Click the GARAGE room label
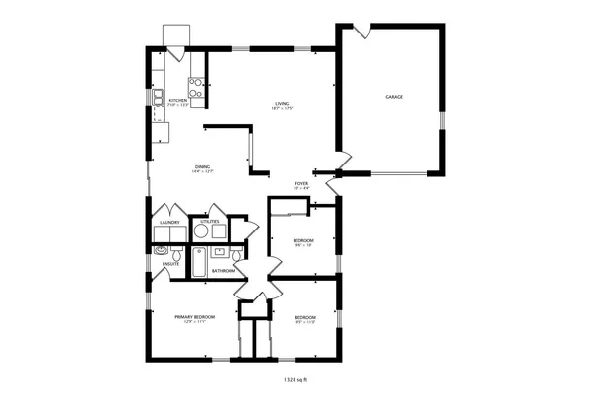point(394,97)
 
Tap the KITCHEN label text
point(178,101)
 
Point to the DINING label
point(202,169)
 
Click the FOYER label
point(301,184)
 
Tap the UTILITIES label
point(210,222)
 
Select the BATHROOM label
point(223,270)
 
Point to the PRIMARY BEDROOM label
point(195,317)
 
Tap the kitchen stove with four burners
point(198,89)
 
